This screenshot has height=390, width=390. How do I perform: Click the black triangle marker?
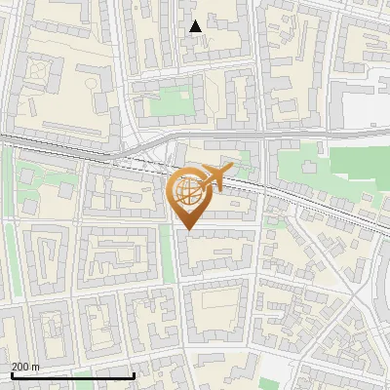[196, 26]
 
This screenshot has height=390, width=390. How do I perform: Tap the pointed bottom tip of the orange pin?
[188, 230]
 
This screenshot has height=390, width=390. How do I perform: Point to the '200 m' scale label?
[25, 367]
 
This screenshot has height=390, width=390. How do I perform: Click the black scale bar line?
[72, 376]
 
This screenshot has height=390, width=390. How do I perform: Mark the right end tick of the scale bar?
[134, 374]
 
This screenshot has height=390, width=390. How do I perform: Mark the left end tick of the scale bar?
[11, 374]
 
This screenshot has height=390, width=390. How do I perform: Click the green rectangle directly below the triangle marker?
[174, 99]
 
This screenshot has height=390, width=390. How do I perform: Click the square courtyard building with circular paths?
[40, 71]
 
